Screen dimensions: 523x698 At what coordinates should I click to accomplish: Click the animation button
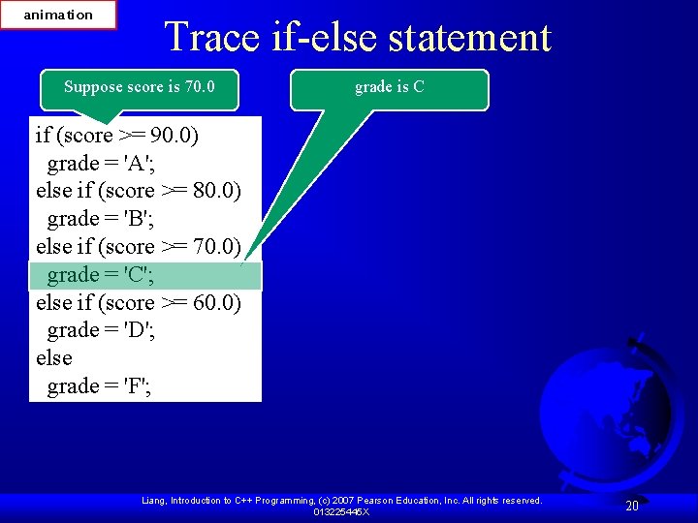click(x=58, y=15)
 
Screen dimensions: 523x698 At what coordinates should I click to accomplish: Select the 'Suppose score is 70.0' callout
click(x=139, y=87)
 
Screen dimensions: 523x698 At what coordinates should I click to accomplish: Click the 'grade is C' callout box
click(x=390, y=87)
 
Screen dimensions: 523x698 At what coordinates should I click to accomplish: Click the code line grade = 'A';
click(x=100, y=163)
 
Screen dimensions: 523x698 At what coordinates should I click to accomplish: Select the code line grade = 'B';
click(x=100, y=219)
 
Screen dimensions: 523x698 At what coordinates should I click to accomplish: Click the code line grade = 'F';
click(x=100, y=386)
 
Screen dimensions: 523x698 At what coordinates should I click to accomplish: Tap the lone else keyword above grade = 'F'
click(x=54, y=358)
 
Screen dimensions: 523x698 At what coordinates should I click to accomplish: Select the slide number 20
click(x=632, y=506)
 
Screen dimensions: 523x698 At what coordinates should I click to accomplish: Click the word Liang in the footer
click(x=154, y=501)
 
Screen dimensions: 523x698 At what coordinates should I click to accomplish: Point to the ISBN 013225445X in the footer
click(x=341, y=511)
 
